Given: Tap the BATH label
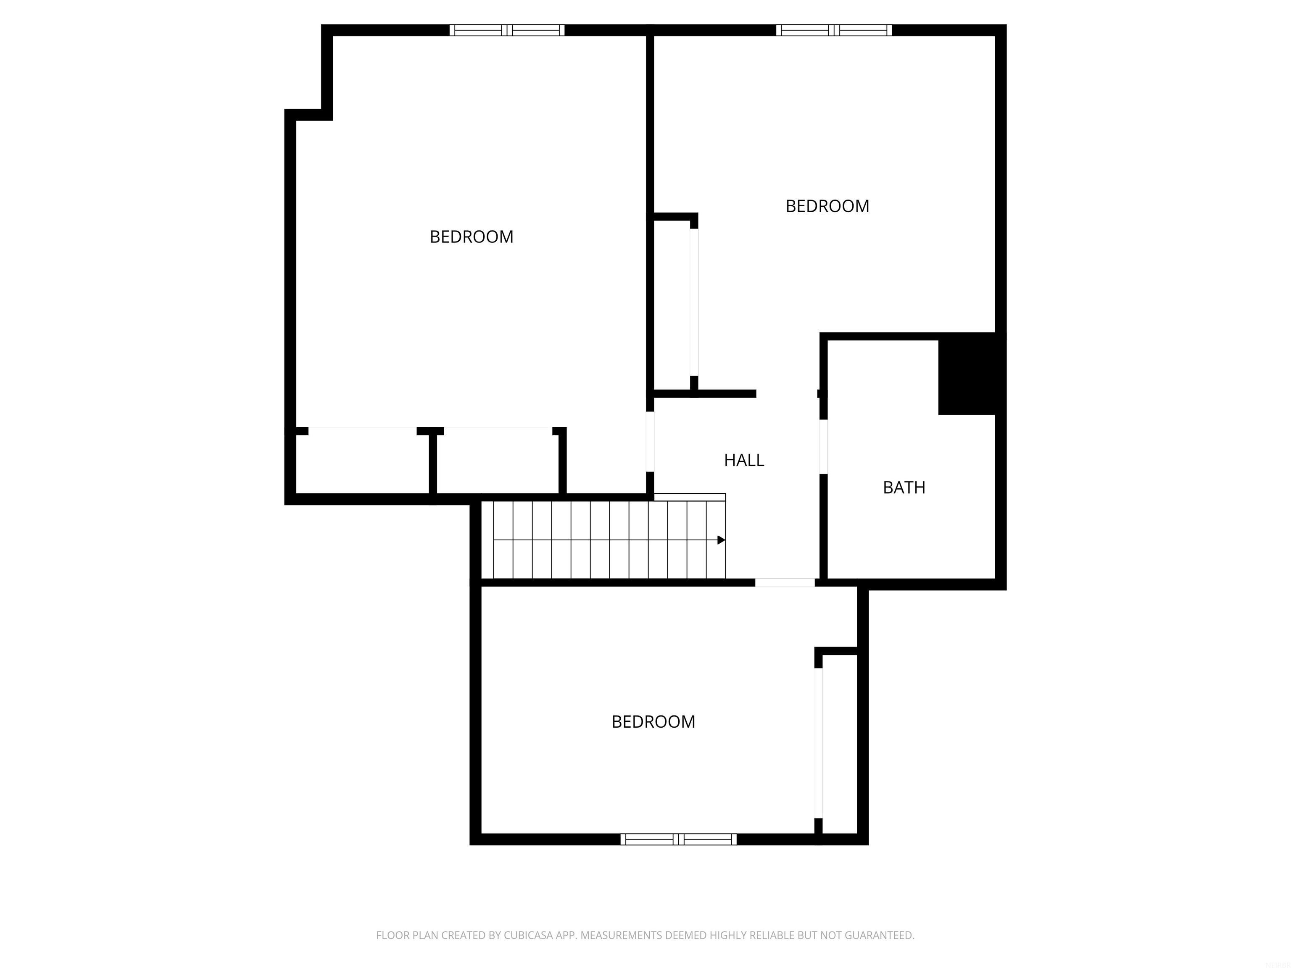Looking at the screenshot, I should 904,488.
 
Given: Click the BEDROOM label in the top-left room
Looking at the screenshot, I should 471,237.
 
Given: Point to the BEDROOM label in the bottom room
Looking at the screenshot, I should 653,722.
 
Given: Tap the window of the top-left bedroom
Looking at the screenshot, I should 506,30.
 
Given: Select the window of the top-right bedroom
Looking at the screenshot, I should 833,30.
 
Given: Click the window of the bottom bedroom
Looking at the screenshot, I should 678,839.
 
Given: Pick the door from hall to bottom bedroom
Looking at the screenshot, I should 785,582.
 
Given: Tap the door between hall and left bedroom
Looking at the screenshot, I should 650,442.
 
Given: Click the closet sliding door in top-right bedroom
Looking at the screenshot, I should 694,302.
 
